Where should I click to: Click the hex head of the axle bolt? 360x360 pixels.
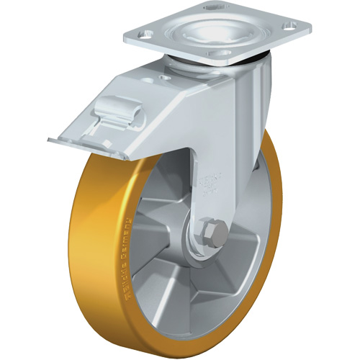coord(215,233)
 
